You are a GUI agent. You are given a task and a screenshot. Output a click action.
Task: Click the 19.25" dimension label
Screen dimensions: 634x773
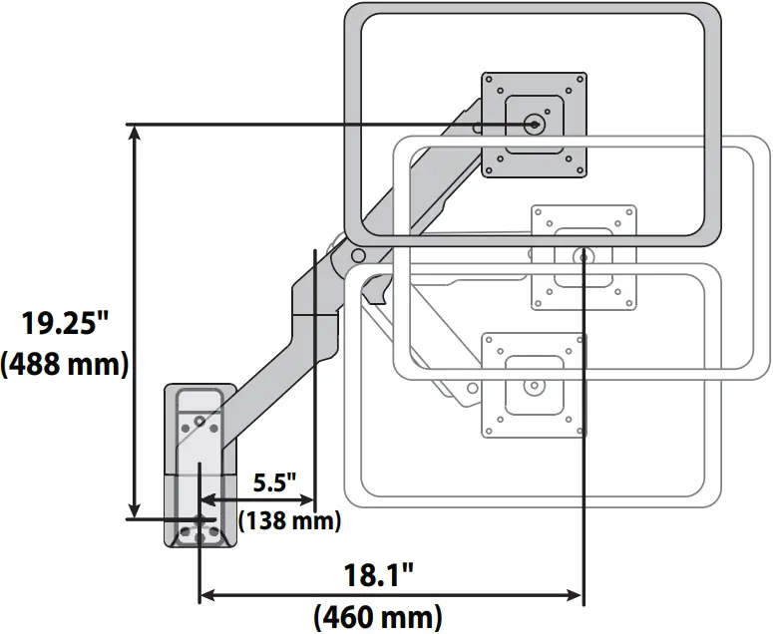click(x=66, y=324)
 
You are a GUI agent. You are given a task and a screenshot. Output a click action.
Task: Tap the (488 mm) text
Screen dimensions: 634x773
click(x=66, y=364)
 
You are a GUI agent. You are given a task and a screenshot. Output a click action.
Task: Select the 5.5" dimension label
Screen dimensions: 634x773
click(x=275, y=483)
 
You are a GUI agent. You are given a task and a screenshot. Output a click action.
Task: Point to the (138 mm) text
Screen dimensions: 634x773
click(x=289, y=519)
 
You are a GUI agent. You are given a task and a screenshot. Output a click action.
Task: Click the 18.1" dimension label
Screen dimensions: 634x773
click(x=379, y=575)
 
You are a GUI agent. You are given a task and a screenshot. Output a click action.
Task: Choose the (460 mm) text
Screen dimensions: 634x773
click(x=379, y=616)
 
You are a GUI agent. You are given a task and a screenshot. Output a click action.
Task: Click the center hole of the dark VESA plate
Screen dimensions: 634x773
click(x=533, y=125)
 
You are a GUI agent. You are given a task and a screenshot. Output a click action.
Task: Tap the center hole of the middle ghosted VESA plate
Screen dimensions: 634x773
click(x=583, y=256)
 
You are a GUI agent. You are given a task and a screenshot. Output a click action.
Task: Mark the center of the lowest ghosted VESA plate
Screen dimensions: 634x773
click(x=533, y=385)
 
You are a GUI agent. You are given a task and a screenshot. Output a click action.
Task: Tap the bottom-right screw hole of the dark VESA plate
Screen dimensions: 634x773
click(x=574, y=165)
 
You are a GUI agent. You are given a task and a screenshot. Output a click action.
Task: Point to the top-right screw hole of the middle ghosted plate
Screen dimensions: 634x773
click(x=624, y=215)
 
